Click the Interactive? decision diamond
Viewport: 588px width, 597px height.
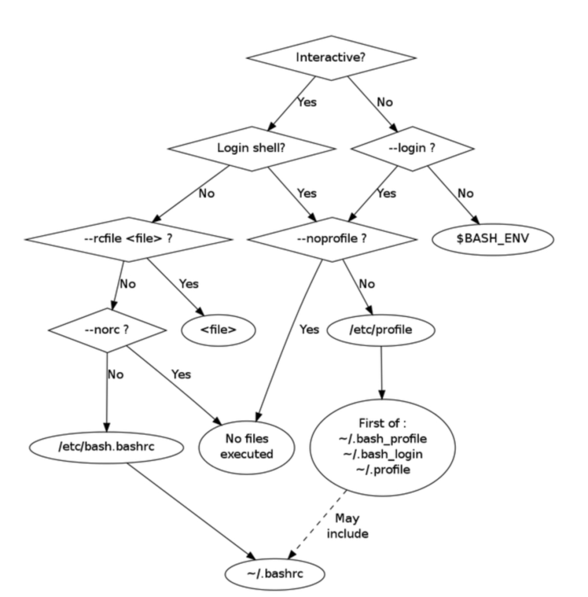(x=331, y=58)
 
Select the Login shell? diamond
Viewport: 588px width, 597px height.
(x=251, y=148)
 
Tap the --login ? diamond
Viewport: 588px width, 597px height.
(x=413, y=148)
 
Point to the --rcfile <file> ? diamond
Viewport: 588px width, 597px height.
(x=128, y=239)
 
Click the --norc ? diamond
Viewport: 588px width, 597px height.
(x=107, y=330)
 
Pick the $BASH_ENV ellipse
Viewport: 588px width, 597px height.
(x=493, y=239)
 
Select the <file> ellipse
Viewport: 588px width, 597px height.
(x=218, y=330)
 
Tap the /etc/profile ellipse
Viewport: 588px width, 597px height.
(x=381, y=330)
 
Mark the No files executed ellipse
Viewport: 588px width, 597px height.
(x=247, y=447)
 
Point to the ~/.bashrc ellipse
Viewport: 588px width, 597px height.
(x=275, y=574)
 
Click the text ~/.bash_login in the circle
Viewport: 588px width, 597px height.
(x=382, y=454)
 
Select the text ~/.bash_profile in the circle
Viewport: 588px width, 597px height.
(x=382, y=438)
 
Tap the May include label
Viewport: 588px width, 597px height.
(x=347, y=526)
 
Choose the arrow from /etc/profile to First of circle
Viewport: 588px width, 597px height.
(x=381, y=373)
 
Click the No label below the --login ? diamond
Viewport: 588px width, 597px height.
(x=465, y=194)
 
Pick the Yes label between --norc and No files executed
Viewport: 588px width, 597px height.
(x=181, y=375)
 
